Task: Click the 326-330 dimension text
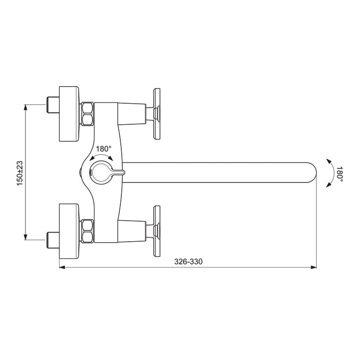[x=188, y=262]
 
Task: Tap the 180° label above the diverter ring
[x=104, y=149]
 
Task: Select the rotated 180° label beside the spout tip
[x=339, y=174]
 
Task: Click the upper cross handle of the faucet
[x=157, y=114]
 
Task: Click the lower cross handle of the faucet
[x=157, y=231]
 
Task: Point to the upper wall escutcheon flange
[x=69, y=114]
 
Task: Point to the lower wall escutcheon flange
[x=69, y=231]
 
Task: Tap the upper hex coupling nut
[x=87, y=114]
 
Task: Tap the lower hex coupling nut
[x=87, y=231]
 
